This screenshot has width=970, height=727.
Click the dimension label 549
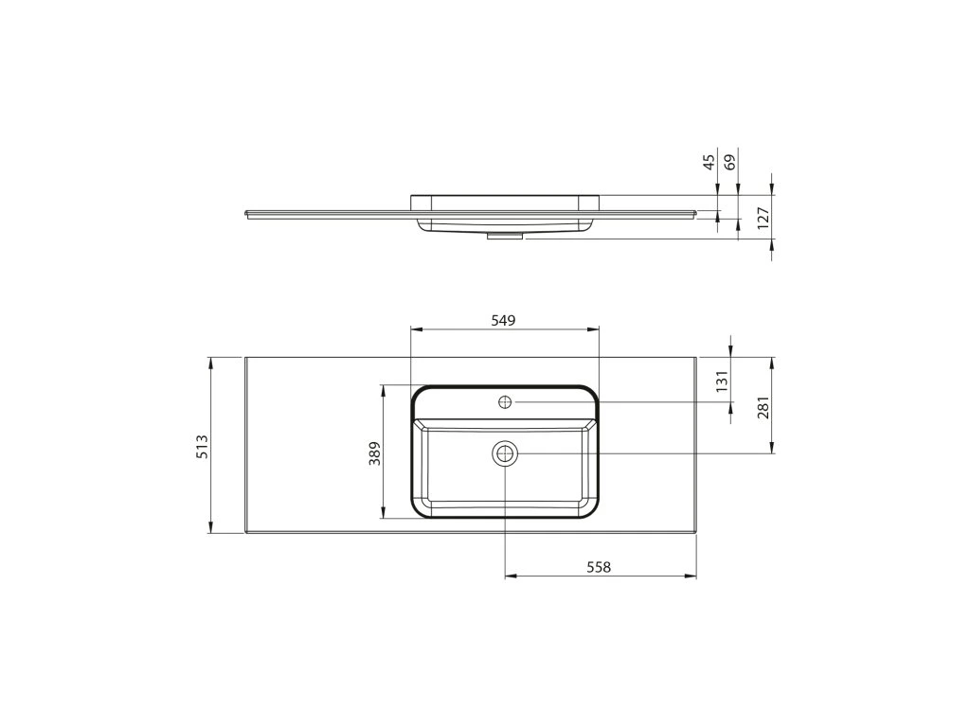tap(503, 320)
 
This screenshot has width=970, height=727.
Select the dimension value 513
tap(203, 447)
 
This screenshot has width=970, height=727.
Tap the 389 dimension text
tap(375, 453)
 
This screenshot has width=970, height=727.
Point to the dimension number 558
tap(599, 566)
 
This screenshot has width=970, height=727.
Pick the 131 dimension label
tap(721, 381)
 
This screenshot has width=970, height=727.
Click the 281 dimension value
tap(763, 407)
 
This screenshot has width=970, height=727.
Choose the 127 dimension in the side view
tap(763, 219)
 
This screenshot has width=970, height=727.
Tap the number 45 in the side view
tap(710, 161)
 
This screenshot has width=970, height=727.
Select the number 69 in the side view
tap(730, 163)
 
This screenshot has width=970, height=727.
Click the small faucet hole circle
tap(506, 402)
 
